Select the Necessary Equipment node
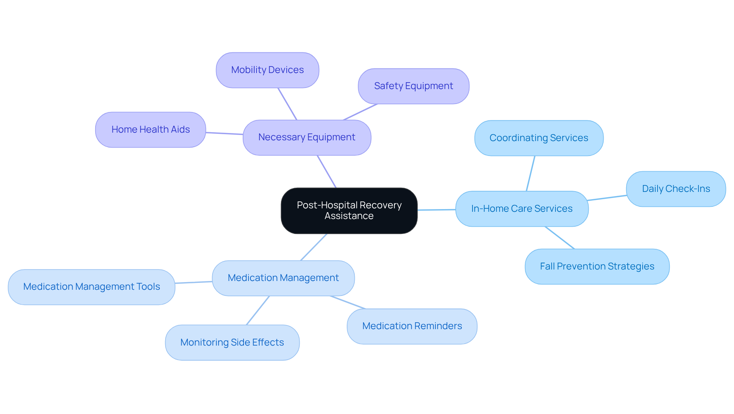tap(307, 138)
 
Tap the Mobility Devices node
tap(267, 70)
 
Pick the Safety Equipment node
tap(413, 86)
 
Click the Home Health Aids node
tap(150, 130)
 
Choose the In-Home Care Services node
tap(521, 209)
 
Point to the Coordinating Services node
tap(539, 138)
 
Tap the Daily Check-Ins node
tap(676, 189)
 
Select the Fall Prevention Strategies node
tap(597, 266)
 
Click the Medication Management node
tap(283, 278)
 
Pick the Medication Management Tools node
tap(91, 287)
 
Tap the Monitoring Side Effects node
tap(232, 343)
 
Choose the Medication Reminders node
tap(412, 326)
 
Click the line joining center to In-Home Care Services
tap(436, 210)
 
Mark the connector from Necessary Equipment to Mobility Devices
tap(287, 104)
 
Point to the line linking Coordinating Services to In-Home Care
tap(531, 174)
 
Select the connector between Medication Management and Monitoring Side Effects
tap(258, 310)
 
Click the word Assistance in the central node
tap(349, 216)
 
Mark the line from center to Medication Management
tap(314, 247)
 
